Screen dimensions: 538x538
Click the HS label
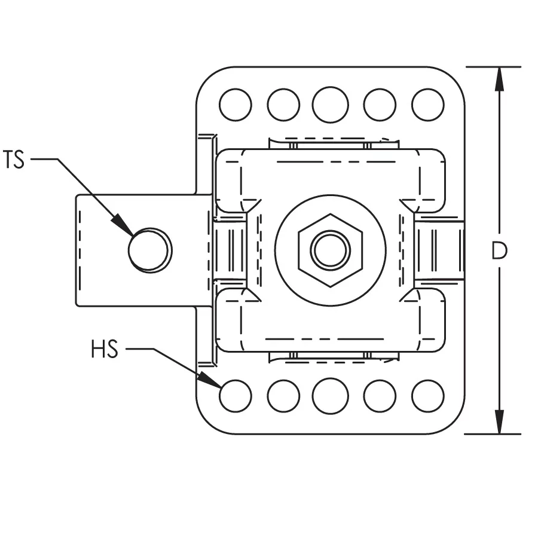pos(105,350)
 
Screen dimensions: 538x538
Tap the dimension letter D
pos(499,251)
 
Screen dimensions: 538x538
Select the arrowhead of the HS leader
pos(216,383)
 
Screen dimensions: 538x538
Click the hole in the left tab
pos(149,250)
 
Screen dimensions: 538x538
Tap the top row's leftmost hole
pos(236,105)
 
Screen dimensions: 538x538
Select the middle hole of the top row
pos(330,105)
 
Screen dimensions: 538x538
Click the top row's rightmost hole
pos(428,105)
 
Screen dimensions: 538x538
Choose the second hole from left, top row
pos(283,105)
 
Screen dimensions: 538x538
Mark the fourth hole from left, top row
pos(380,105)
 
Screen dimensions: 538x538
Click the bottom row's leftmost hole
pos(236,396)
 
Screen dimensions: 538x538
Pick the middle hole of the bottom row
pos(330,396)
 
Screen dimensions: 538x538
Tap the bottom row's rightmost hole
pos(428,396)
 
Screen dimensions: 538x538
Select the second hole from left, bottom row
pos(283,396)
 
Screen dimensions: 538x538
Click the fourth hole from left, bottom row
pos(380,396)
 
